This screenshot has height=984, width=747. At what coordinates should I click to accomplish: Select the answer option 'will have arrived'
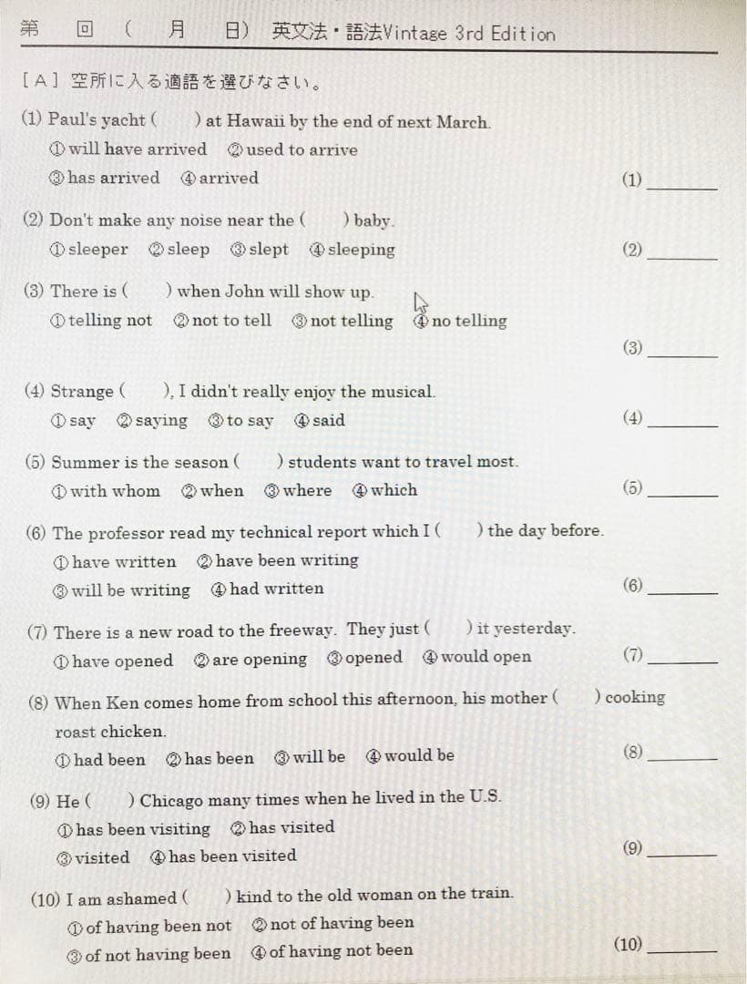tap(137, 149)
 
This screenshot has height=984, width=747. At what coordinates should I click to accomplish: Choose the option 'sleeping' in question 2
tap(361, 250)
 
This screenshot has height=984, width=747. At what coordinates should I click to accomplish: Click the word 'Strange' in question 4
tap(82, 392)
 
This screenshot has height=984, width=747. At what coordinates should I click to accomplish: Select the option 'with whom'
tap(115, 491)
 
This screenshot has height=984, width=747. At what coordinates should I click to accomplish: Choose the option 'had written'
tap(276, 589)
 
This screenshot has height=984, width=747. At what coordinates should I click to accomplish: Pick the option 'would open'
tap(486, 657)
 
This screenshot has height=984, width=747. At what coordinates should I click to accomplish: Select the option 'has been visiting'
tap(142, 829)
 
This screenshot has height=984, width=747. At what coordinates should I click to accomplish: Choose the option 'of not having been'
tap(158, 955)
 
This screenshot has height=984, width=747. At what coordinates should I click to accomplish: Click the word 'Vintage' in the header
tap(415, 35)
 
